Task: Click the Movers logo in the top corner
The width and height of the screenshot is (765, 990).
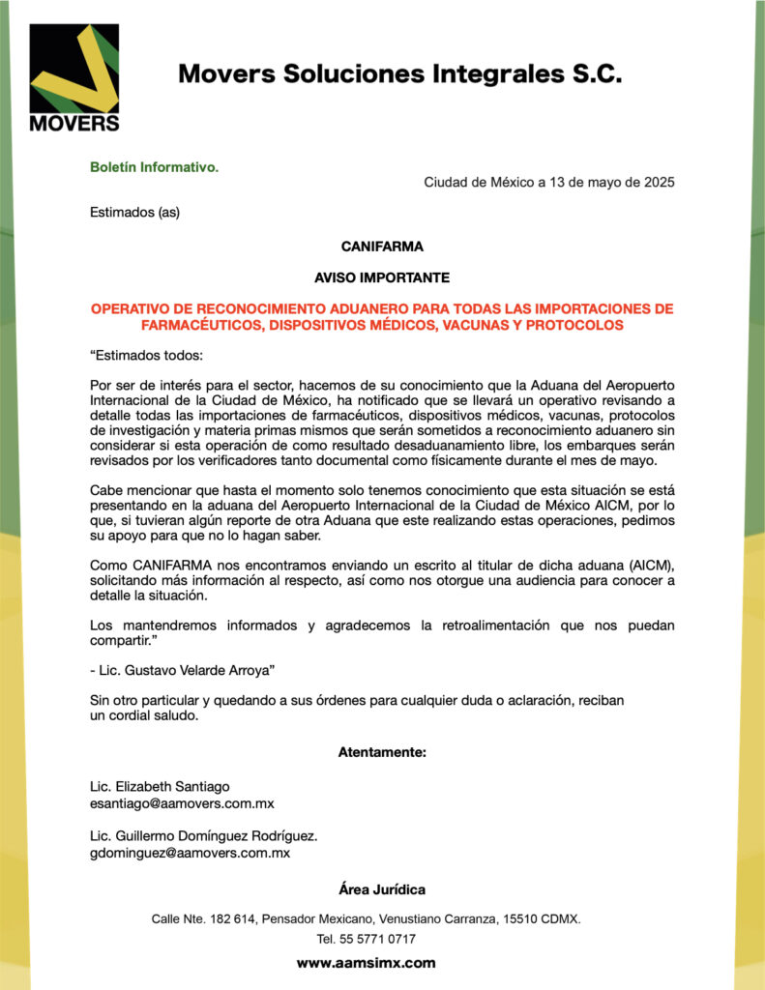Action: coord(74,77)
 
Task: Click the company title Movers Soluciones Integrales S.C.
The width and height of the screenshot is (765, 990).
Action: coord(399,74)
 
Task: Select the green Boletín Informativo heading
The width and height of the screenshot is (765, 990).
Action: coord(155,167)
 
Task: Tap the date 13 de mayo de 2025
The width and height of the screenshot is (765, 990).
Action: coord(605,183)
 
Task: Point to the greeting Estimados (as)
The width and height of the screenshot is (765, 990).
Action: coord(134,212)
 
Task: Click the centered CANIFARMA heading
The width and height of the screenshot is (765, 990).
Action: coord(382,247)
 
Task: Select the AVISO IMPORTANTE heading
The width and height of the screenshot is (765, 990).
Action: coord(382,277)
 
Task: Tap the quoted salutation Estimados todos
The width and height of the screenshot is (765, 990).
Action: coord(140,356)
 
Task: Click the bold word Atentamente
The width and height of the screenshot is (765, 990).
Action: coord(382,751)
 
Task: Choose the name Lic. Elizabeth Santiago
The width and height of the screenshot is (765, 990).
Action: coord(160,786)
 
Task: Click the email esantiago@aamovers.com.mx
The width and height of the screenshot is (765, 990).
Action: coord(182,803)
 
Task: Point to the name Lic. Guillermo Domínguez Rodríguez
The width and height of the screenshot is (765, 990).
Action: coord(203,835)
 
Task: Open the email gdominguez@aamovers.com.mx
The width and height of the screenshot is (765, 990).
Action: coord(190,853)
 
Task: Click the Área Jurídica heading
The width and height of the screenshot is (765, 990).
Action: coord(382,889)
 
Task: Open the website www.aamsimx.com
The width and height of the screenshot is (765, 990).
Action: coord(366,963)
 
